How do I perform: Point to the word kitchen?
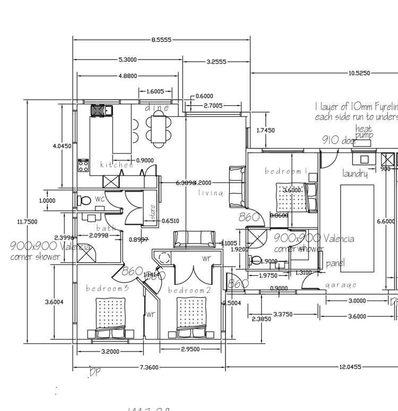tap(117, 165)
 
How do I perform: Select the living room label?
tap(211, 193)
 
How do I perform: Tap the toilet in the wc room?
tap(84, 201)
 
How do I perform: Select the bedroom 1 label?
tap(287, 171)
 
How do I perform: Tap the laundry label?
tap(355, 174)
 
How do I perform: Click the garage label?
tap(341, 285)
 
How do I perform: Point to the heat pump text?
tap(364, 132)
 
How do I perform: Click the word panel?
tap(335, 263)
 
